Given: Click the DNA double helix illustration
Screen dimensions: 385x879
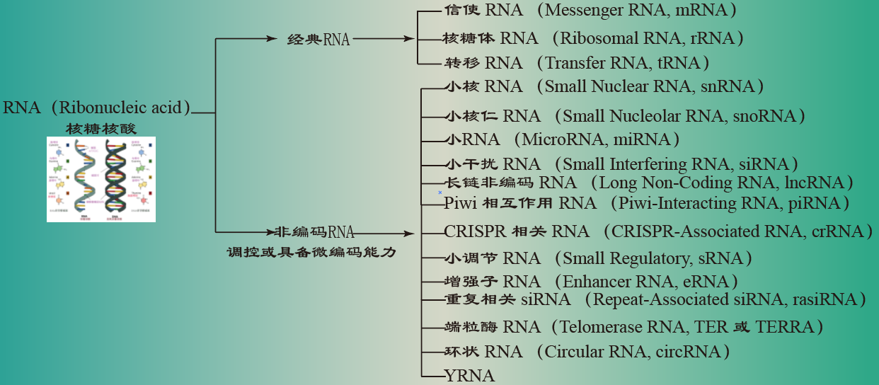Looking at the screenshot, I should (x=100, y=179).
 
